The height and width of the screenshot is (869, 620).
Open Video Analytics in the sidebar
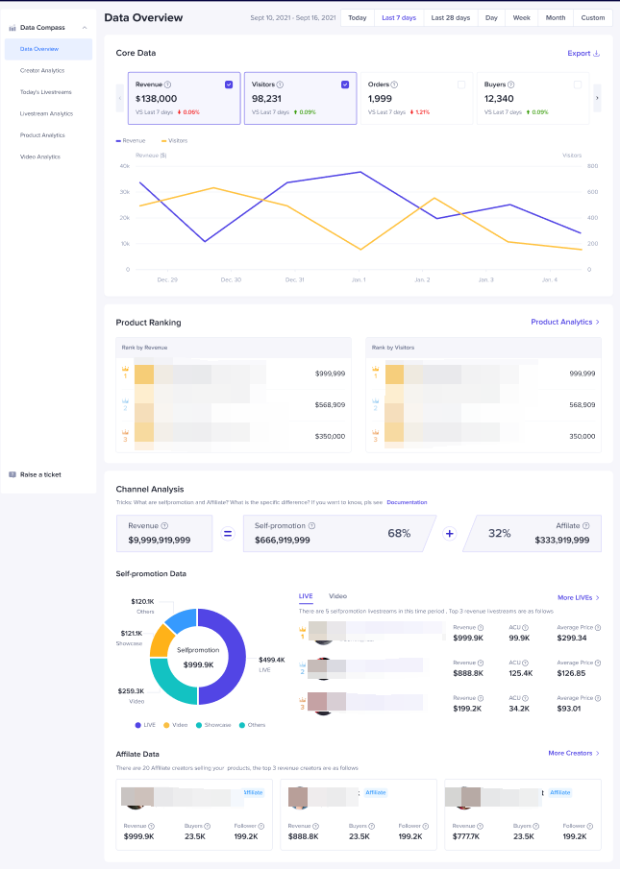(x=40, y=157)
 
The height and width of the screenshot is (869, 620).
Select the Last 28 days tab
(x=450, y=17)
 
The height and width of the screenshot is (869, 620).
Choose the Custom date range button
(x=592, y=17)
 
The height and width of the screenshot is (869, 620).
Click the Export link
(x=583, y=54)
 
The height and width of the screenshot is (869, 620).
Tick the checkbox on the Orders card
(x=461, y=84)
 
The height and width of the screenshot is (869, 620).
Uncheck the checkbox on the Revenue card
(x=229, y=84)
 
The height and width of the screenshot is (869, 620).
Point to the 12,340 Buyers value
(x=500, y=98)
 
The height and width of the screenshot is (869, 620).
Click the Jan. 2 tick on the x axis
(x=422, y=279)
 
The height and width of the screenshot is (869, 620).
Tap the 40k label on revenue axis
(x=124, y=165)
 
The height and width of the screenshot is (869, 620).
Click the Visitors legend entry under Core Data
(x=174, y=140)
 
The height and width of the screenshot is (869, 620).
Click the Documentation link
(x=407, y=502)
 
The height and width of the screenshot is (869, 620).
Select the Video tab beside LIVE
(x=337, y=596)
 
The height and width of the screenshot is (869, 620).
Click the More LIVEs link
(x=578, y=597)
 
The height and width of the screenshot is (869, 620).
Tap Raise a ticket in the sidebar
(x=39, y=474)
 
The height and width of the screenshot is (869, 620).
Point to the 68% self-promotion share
(x=399, y=533)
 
